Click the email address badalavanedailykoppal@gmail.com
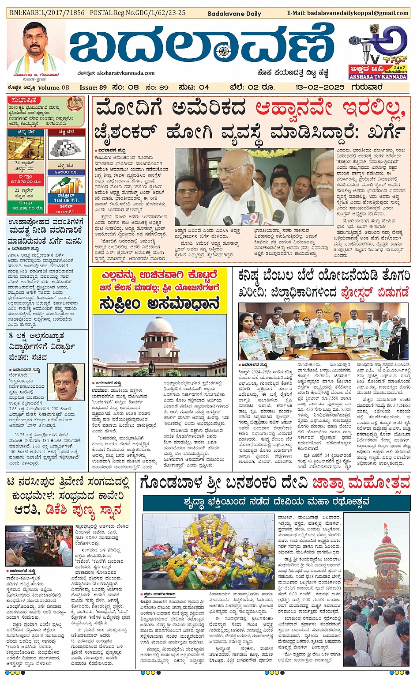point(359,13)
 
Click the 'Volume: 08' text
point(53,87)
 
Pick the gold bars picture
point(25,148)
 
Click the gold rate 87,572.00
point(26,182)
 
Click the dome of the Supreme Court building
point(159,327)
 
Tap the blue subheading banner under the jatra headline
point(277,502)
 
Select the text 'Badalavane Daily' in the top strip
point(234,14)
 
